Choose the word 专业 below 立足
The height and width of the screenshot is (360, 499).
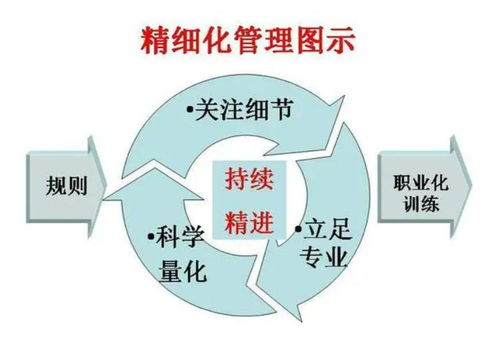coord(322,260)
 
